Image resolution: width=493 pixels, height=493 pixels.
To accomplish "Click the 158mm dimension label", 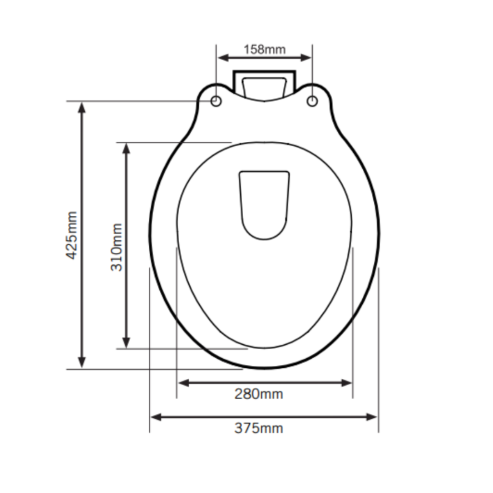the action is point(265,49).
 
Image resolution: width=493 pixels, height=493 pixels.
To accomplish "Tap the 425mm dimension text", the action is point(71,235).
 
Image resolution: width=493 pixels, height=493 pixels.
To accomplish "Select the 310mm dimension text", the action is point(116,247).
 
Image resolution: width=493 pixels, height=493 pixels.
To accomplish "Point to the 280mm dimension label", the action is point(259,394).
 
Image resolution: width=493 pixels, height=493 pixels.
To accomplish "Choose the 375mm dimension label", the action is point(259,428).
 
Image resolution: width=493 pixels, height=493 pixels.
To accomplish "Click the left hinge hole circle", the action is point(216,101).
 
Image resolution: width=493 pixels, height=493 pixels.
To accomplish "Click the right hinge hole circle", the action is point(312,101).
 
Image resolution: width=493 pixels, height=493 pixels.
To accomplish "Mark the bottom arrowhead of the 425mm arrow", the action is point(82,363).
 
